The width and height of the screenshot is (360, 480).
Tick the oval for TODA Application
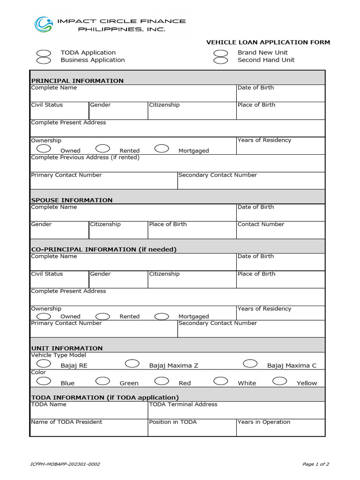(x=44, y=53)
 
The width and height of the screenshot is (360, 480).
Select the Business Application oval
(x=44, y=60)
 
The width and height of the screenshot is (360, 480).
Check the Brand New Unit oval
(x=221, y=53)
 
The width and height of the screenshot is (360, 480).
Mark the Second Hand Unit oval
(x=221, y=60)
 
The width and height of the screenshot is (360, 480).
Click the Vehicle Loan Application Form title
(x=268, y=42)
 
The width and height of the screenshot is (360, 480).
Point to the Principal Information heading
(x=77, y=81)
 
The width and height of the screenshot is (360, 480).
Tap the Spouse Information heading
(x=72, y=200)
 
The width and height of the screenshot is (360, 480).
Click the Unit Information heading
(x=67, y=348)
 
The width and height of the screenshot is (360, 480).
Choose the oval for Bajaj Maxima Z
(x=132, y=363)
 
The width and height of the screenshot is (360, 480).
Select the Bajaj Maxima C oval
(x=250, y=363)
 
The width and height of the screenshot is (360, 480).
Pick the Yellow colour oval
(x=280, y=381)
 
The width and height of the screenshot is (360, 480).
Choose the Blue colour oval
(x=44, y=381)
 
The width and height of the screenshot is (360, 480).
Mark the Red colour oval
(x=162, y=381)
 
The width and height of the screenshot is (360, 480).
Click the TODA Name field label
(x=49, y=404)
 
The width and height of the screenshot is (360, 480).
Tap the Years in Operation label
(x=264, y=422)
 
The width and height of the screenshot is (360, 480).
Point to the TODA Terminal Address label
(x=183, y=404)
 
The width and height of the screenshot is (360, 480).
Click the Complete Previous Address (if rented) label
(x=85, y=157)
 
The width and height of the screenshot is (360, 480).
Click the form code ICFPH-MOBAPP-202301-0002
(x=65, y=465)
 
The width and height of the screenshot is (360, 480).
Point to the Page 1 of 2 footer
(x=316, y=465)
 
